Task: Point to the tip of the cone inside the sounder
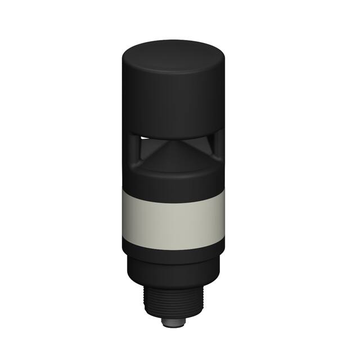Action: (171, 142)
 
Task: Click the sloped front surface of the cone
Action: (172, 155)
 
